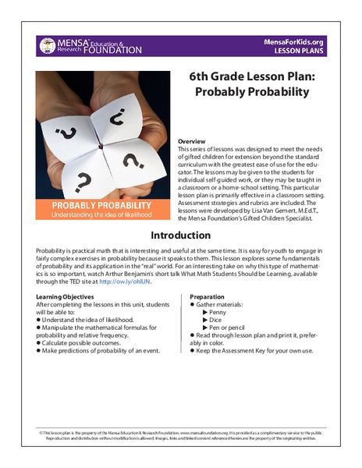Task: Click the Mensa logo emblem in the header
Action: point(48,45)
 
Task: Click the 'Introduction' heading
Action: point(180,236)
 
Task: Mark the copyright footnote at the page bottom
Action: point(180,434)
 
